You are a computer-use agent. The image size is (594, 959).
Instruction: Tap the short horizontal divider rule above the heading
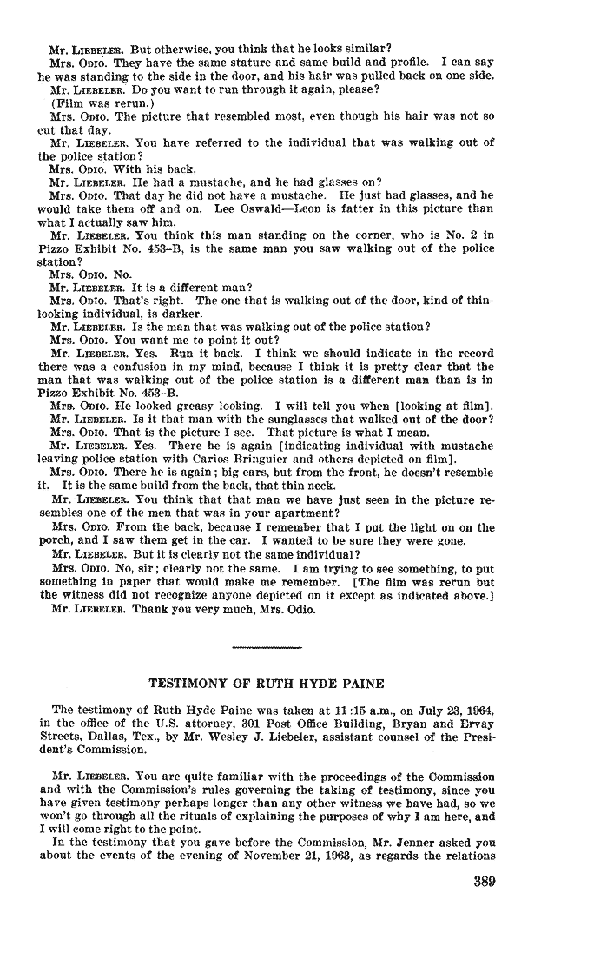(x=267, y=647)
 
